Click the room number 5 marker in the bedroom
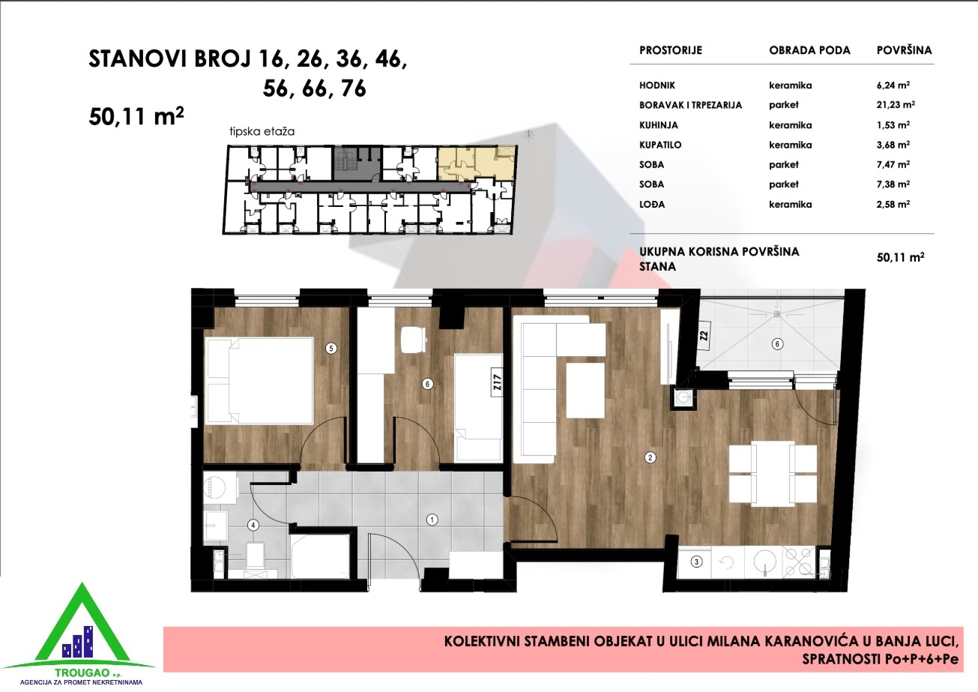331,349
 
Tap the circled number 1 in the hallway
432,520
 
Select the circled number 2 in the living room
650,458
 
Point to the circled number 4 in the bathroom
253,525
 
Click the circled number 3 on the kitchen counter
696,562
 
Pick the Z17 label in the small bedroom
497,382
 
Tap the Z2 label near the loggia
703,336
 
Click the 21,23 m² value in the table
896,105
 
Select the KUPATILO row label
660,145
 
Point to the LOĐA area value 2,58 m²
893,204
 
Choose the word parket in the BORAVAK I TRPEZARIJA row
784,105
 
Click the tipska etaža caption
262,131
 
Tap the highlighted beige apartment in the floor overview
476,163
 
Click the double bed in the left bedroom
259,381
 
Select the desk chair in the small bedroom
414,340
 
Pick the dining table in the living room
773,474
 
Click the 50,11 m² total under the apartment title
136,116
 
